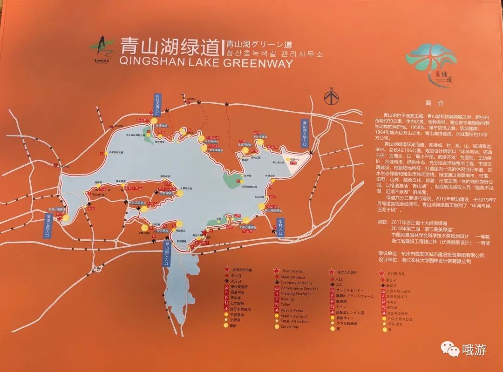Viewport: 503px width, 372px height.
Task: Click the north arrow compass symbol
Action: click(x=332, y=97)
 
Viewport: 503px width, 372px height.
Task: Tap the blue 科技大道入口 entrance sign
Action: click(x=157, y=103)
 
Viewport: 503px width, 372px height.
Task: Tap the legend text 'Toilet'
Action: click(x=285, y=304)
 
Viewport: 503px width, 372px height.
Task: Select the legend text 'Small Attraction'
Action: click(x=294, y=321)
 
